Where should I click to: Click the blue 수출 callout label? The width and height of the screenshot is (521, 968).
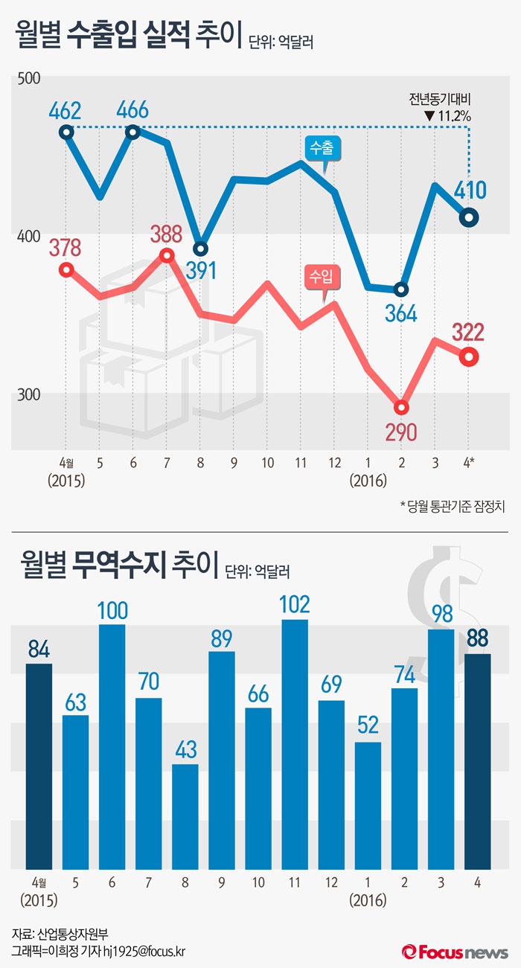coord(322,147)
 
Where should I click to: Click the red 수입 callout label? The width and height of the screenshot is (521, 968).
coord(322,277)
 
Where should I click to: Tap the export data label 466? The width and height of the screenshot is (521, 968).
coord(132,111)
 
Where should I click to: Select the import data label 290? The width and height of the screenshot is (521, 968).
coord(403,432)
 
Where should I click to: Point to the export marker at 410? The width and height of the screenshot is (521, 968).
coord(469,217)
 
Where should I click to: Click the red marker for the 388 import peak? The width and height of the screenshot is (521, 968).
coord(167,255)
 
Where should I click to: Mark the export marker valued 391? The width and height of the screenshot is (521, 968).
coord(200,249)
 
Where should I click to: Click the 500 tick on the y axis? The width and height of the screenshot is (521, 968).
coord(27,78)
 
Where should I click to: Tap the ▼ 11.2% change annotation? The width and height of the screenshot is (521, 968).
coord(447,115)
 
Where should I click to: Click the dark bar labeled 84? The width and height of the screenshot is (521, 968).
coord(39,766)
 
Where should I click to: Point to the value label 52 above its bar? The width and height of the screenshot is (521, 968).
coord(368,726)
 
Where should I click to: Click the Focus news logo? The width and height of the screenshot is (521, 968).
coord(456,952)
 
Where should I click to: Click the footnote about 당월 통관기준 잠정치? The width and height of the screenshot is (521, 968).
coord(453,507)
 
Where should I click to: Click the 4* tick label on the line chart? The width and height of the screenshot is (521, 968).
coord(469,462)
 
